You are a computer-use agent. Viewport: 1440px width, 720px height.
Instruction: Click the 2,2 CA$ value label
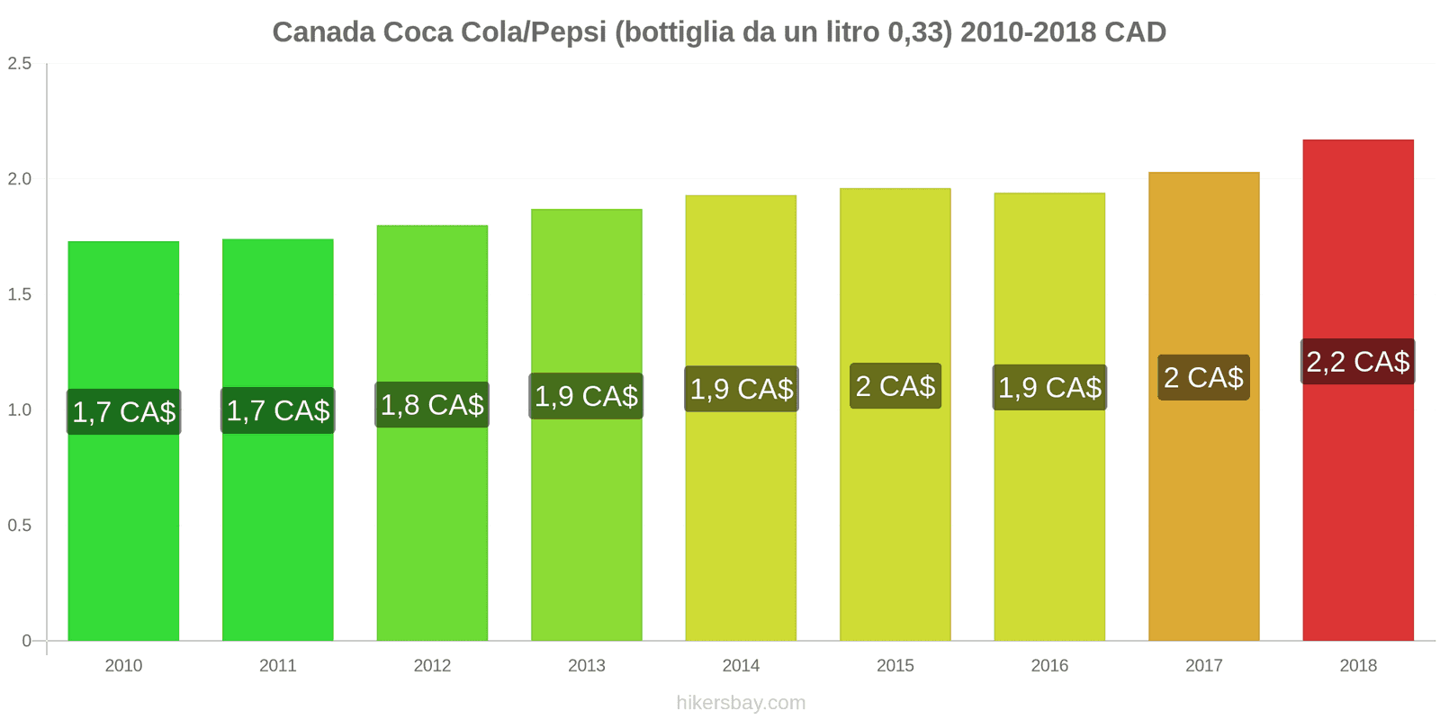point(1357,362)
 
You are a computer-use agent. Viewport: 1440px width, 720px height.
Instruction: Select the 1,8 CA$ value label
point(432,405)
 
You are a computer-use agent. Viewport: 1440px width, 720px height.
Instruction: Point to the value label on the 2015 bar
point(895,386)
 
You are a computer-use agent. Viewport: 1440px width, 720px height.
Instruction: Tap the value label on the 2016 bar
point(1049,388)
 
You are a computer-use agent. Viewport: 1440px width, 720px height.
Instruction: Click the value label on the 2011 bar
point(277,410)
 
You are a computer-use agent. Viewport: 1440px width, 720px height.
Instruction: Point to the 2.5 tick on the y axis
point(20,63)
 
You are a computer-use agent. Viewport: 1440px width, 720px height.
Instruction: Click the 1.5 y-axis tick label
point(20,294)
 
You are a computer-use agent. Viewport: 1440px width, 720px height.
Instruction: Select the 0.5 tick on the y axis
point(20,526)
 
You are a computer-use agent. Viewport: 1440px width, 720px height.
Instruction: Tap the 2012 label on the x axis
point(432,666)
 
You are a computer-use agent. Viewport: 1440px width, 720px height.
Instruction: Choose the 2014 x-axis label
point(741,666)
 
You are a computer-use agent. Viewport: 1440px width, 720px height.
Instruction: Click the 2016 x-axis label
point(1049,666)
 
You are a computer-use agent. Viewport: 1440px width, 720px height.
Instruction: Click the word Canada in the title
point(323,32)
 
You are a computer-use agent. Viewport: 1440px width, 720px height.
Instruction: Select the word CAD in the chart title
point(1135,32)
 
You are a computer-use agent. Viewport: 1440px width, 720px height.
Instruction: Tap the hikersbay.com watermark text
point(741,703)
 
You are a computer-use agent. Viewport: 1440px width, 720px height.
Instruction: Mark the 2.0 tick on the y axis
point(20,179)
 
